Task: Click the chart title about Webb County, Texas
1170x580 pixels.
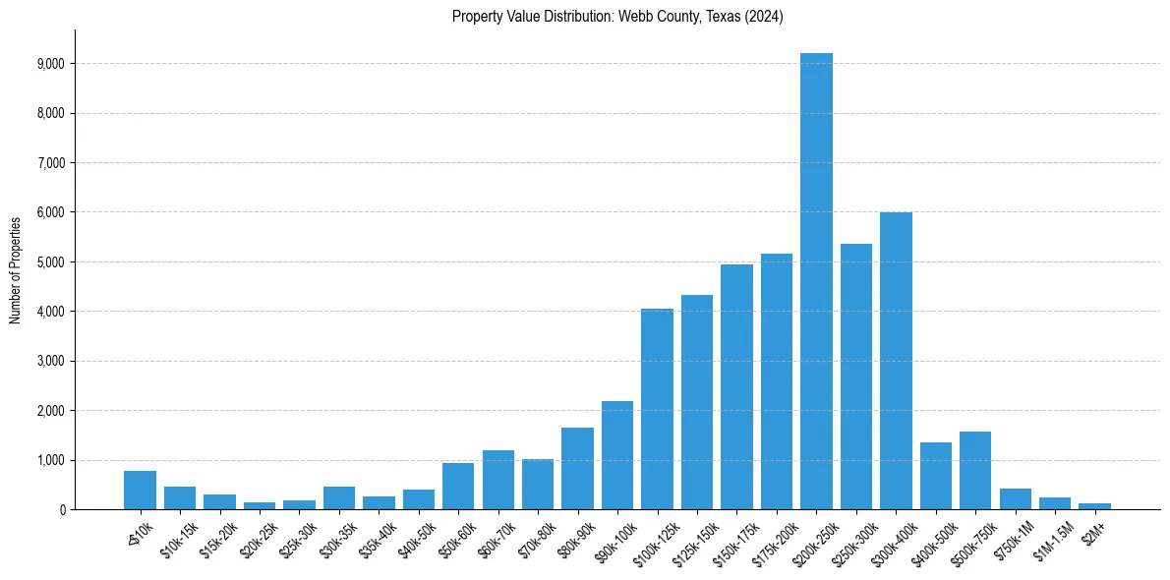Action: point(617,17)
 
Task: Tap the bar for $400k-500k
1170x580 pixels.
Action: point(935,476)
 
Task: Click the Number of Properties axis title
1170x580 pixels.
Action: point(15,269)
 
